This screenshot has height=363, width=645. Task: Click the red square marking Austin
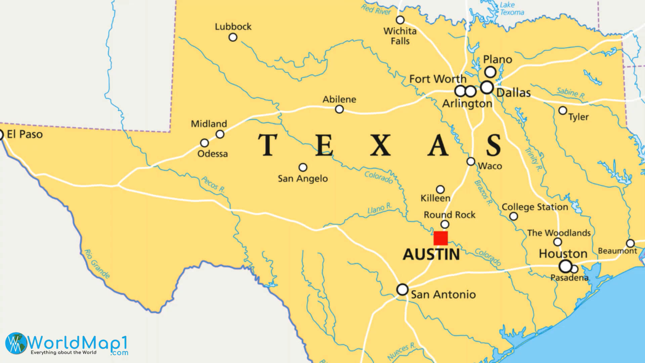[x=440, y=238]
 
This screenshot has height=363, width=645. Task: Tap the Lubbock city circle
[x=233, y=37]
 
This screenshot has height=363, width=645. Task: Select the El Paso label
[x=25, y=134]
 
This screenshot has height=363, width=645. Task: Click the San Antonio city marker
[x=402, y=289]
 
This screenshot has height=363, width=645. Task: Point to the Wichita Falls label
[x=400, y=36]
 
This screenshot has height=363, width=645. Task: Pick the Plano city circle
[x=490, y=72]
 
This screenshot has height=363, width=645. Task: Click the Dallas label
[x=513, y=93]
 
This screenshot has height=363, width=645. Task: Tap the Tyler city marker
[x=563, y=110]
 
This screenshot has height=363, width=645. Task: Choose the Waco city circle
[x=471, y=162]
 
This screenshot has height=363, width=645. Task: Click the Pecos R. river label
[x=213, y=185]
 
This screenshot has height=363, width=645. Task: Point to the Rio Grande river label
[x=97, y=264]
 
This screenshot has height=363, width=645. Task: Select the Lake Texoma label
[x=511, y=9]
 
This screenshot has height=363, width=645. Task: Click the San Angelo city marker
[x=303, y=167]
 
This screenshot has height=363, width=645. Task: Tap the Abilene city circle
[x=339, y=109]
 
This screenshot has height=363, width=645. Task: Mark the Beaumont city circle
[x=630, y=243]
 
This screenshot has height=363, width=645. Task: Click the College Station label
[x=535, y=207]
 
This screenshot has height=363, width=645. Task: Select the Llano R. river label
[x=380, y=208]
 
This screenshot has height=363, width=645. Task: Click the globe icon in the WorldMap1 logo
[x=16, y=343]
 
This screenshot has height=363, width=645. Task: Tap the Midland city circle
[x=220, y=134]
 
